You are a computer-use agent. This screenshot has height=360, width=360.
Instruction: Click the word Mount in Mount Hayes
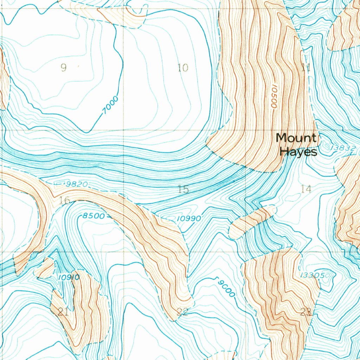tap(296, 138)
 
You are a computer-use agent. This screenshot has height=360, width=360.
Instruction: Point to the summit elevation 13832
tap(343, 148)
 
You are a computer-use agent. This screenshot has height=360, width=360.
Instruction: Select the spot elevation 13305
tap(312, 275)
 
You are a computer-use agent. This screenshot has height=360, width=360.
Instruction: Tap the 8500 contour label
tap(94, 216)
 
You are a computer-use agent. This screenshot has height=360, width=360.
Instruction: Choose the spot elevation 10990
tap(189, 219)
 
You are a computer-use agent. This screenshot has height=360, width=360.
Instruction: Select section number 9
tap(64, 67)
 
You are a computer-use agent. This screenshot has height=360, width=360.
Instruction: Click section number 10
tap(183, 67)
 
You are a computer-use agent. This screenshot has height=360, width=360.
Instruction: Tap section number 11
tap(306, 68)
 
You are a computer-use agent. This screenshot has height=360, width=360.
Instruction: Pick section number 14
tap(306, 189)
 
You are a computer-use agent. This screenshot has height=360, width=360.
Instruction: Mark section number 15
tap(183, 189)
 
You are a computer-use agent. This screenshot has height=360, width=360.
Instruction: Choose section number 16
tap(65, 201)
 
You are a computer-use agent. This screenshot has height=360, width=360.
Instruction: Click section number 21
tap(63, 311)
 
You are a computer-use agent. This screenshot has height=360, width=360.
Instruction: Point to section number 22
tap(182, 312)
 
